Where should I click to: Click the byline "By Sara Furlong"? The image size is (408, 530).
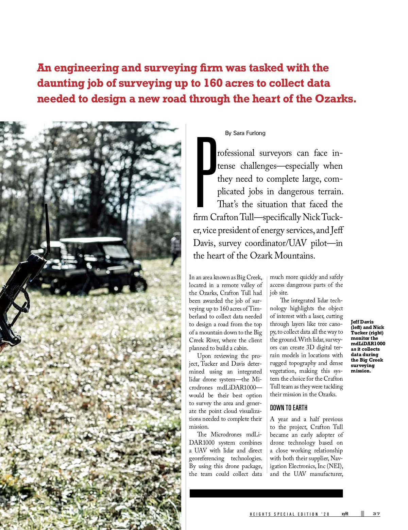[x=245, y=133]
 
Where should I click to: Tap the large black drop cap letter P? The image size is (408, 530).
[x=205, y=171]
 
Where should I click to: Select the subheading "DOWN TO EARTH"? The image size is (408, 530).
[x=289, y=408]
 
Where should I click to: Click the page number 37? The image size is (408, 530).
[x=376, y=514]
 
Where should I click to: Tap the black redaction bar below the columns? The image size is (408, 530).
[x=266, y=493]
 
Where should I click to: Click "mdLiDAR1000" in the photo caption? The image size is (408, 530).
[x=368, y=344]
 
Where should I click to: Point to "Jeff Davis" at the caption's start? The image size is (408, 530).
[x=362, y=322]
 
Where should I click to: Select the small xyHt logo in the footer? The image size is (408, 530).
[x=345, y=514]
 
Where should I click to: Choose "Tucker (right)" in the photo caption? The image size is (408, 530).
[x=367, y=333]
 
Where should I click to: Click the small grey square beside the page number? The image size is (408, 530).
[x=362, y=514]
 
